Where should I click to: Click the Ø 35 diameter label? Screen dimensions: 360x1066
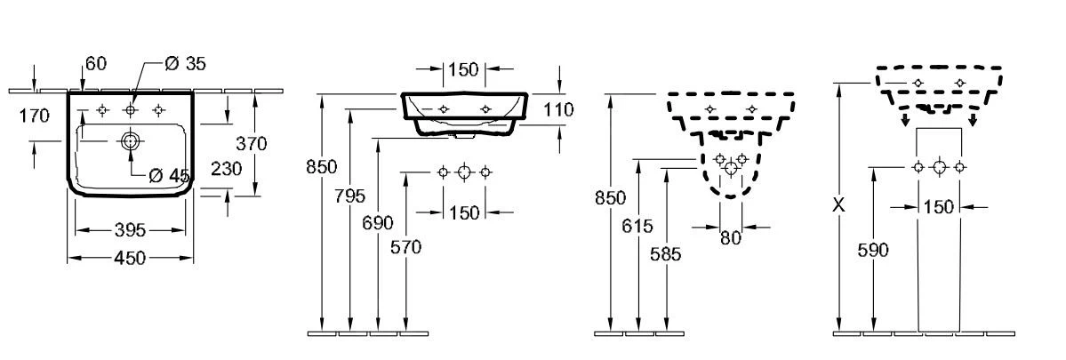(186, 63)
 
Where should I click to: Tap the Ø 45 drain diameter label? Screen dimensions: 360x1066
(169, 175)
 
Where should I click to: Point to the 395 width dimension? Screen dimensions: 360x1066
(131, 231)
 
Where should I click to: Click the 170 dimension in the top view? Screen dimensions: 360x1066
(34, 116)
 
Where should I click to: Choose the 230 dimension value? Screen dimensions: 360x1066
(227, 168)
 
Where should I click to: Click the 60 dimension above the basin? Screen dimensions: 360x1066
(96, 63)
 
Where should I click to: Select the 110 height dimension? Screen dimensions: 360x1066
(558, 109)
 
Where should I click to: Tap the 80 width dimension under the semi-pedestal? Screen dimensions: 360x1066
(730, 237)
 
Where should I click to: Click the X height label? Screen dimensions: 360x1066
(838, 204)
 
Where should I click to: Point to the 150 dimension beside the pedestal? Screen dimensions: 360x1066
(938, 207)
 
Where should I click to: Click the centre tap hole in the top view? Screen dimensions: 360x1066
(131, 110)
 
